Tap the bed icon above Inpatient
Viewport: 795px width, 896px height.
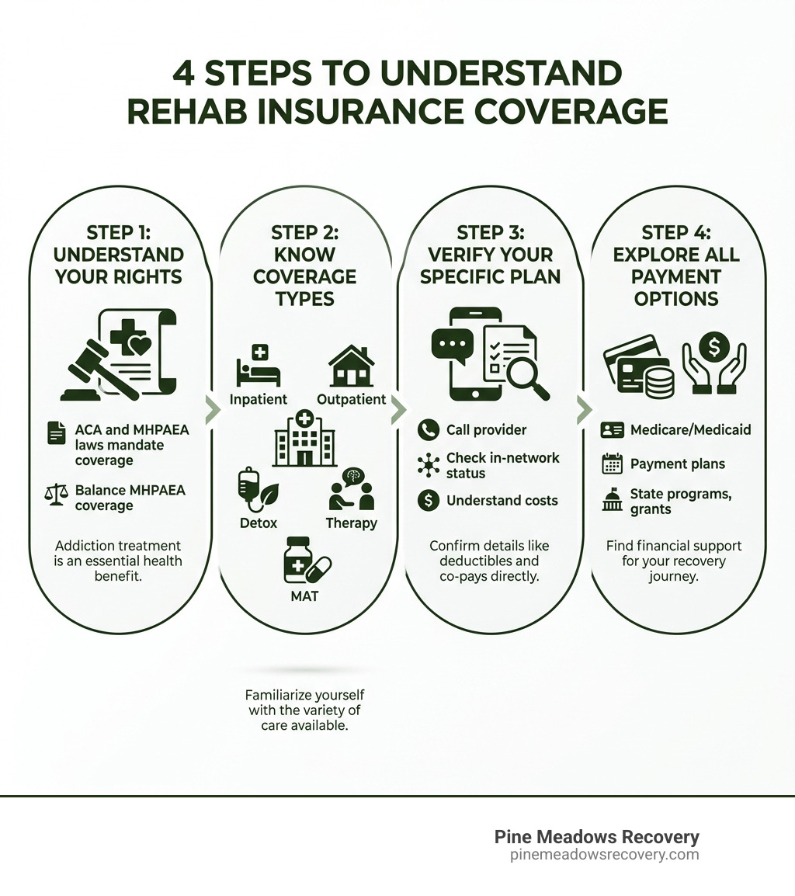(258, 367)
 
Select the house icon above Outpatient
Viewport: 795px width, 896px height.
(351, 366)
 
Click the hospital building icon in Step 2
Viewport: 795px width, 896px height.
(304, 439)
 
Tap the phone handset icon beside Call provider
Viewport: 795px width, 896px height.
(428, 430)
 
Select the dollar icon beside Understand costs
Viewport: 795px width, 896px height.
(428, 501)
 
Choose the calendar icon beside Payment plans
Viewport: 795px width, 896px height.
(613, 464)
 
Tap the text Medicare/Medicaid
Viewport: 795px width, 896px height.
(690, 429)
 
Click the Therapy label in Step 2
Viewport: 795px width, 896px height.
(351, 523)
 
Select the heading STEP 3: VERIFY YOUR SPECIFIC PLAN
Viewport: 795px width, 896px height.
(490, 255)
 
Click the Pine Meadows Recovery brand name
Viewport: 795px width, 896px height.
(596, 837)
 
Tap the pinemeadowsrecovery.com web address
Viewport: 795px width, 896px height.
(604, 855)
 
